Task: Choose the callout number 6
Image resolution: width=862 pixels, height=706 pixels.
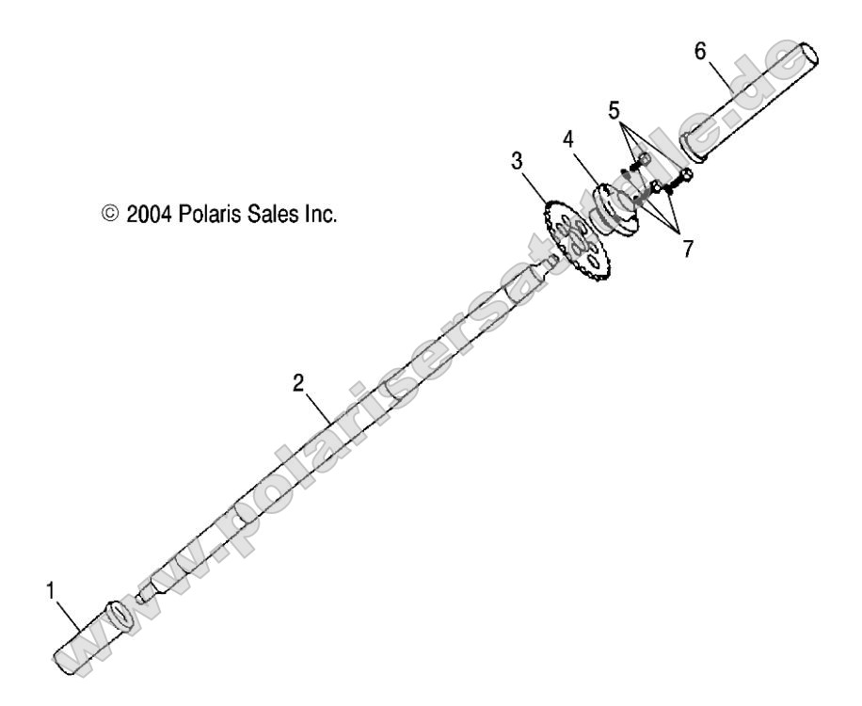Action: tap(699, 52)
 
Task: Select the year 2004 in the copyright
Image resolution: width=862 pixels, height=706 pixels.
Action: tap(168, 214)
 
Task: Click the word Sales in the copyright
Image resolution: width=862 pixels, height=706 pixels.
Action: tap(267, 214)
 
